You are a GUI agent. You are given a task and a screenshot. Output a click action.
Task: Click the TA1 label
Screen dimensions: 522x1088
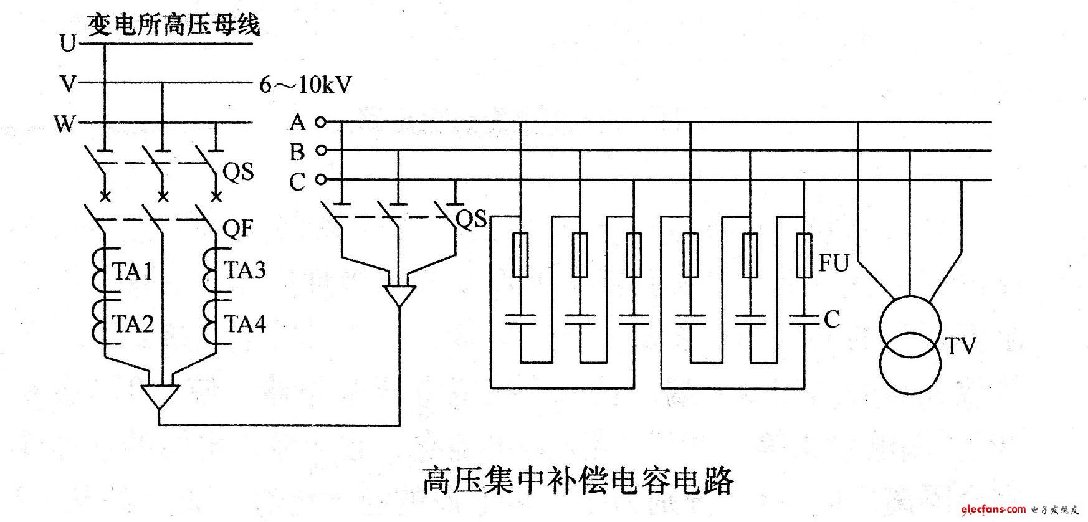[x=132, y=272]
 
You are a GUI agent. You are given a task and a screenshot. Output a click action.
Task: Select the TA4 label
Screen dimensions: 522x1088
[x=245, y=324]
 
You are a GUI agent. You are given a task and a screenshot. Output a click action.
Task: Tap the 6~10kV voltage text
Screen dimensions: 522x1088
[x=305, y=85]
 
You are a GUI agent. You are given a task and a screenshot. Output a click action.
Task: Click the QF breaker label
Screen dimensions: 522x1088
[x=238, y=229]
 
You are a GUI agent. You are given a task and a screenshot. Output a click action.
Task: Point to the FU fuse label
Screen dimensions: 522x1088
[x=834, y=263]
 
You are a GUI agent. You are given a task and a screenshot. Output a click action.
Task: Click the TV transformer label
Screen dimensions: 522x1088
[x=960, y=346]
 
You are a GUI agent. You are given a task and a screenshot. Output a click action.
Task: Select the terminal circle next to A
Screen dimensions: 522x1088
[x=320, y=122]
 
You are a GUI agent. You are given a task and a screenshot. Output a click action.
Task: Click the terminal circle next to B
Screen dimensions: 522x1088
[x=320, y=150]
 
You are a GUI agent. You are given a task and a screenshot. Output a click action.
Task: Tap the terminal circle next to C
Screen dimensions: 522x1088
[x=320, y=180]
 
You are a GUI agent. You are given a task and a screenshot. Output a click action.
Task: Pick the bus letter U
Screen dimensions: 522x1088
[x=67, y=44]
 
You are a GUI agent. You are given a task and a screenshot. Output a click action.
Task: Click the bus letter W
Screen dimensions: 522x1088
[x=64, y=125]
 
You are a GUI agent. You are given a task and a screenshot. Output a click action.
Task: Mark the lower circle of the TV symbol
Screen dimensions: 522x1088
[x=910, y=364]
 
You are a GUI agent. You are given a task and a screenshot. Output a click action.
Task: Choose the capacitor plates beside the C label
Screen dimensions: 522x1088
[x=804, y=320]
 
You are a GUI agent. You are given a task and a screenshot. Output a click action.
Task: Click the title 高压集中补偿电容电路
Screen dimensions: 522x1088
[x=578, y=480]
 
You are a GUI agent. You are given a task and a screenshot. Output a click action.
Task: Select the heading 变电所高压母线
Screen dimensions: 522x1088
[x=173, y=26]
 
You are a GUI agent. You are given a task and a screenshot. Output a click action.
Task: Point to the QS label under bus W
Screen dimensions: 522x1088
[x=238, y=172]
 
